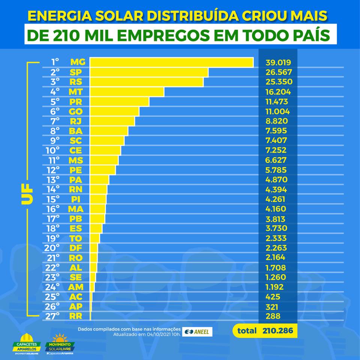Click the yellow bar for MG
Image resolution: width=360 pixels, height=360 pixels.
[171, 62]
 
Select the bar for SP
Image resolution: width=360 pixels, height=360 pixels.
[149, 72]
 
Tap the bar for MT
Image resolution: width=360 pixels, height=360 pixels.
[127, 91]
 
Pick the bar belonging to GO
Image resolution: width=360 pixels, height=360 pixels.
[114, 111]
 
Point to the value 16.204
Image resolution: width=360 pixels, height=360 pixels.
[278, 92]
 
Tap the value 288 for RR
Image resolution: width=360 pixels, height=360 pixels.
[273, 316]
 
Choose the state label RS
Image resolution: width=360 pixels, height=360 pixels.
[76, 82]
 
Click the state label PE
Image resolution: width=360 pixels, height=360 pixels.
[76, 170]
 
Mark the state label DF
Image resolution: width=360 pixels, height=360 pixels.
[76, 248]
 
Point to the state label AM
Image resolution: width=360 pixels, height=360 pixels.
[76, 287]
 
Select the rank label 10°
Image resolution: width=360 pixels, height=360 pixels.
[52, 150]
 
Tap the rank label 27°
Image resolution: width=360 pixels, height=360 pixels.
[52, 316]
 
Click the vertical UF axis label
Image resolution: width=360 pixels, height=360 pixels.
[27, 194]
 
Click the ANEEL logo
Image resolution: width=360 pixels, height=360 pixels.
[198, 331]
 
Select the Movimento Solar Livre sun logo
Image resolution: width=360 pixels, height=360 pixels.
[60, 343]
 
